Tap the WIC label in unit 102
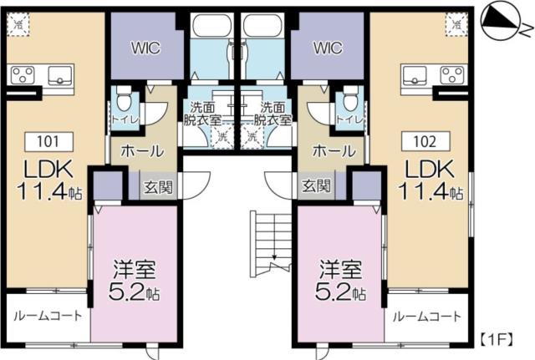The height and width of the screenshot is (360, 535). [x=328, y=48]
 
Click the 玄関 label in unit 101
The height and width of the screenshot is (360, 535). [x=155, y=186]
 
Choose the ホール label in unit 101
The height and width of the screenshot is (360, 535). [x=142, y=152]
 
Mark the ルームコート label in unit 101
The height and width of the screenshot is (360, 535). [x=48, y=317]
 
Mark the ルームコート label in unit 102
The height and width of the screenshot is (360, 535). [x=426, y=317]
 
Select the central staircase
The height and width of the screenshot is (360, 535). [x=273, y=242]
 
